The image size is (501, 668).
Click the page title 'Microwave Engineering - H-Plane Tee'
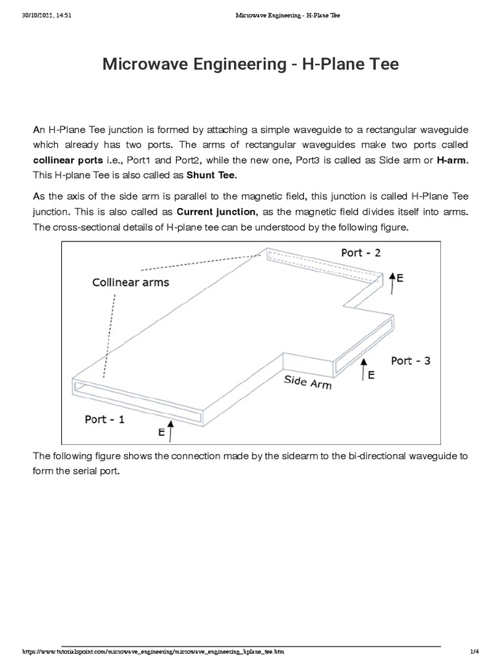click(x=250, y=65)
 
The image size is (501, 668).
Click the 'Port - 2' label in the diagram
click(x=361, y=252)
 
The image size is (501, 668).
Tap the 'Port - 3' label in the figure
click(x=410, y=360)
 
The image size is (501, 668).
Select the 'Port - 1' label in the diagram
click(x=104, y=419)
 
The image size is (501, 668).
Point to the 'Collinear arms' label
click(x=130, y=282)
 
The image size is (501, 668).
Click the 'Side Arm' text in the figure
click(x=307, y=382)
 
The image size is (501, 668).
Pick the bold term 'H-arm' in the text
click(x=453, y=159)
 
